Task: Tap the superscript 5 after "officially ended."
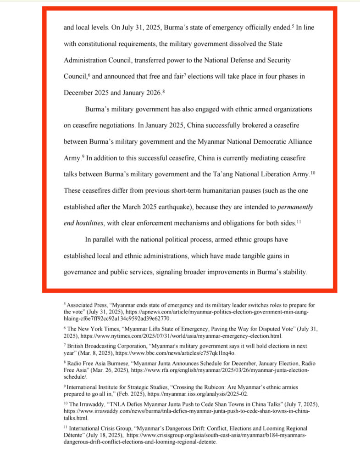(x=293, y=25)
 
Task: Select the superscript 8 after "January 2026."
(x=163, y=91)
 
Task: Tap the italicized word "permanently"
(x=295, y=207)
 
